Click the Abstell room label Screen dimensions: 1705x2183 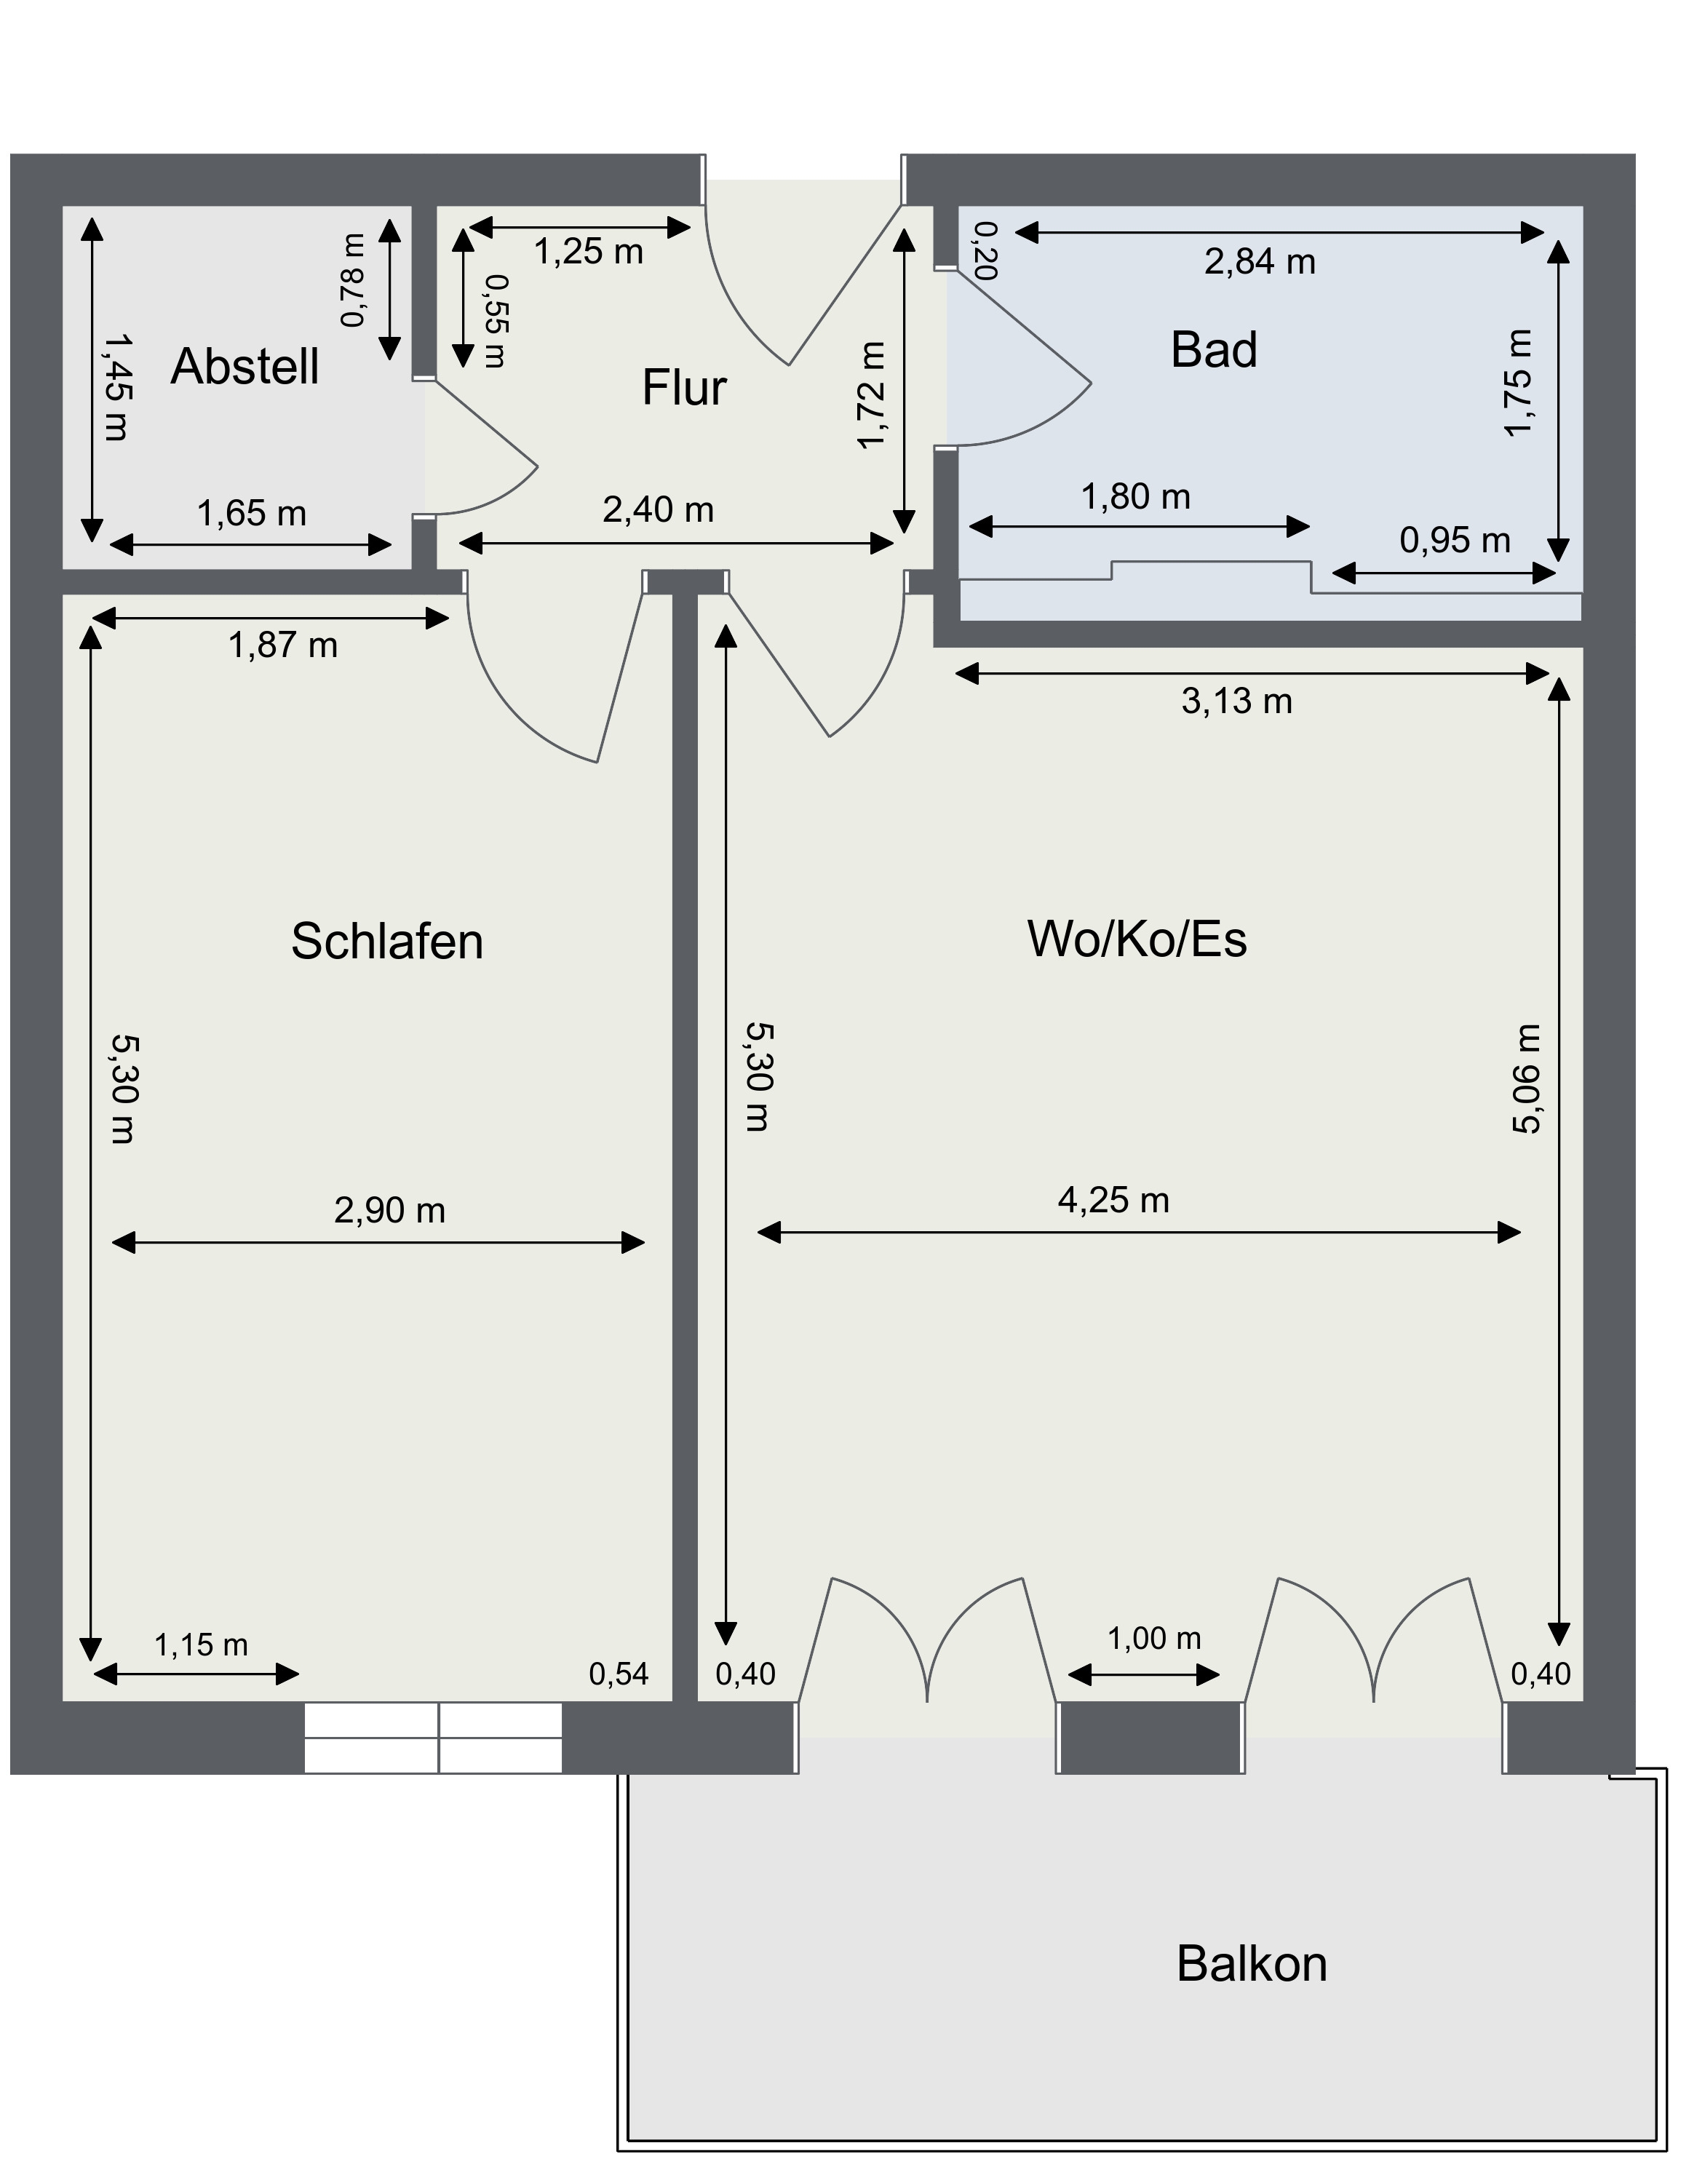tap(245, 367)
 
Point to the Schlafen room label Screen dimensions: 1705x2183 tap(387, 942)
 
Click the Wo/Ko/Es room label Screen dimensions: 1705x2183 tap(1137, 939)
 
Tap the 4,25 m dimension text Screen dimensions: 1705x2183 tap(1113, 1201)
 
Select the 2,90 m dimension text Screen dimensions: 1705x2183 tap(390, 1212)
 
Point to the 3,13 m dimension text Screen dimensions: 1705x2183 tap(1237, 701)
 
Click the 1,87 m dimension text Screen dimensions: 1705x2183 tap(283, 645)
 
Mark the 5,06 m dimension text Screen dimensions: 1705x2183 tap(1525, 1078)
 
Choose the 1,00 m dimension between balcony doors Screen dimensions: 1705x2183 tap(1153, 1638)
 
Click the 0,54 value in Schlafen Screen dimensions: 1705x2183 tap(619, 1674)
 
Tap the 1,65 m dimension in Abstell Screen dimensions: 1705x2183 tap(251, 514)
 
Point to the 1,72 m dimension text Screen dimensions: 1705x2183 tap(873, 396)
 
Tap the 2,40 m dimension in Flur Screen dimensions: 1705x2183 tap(658, 511)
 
